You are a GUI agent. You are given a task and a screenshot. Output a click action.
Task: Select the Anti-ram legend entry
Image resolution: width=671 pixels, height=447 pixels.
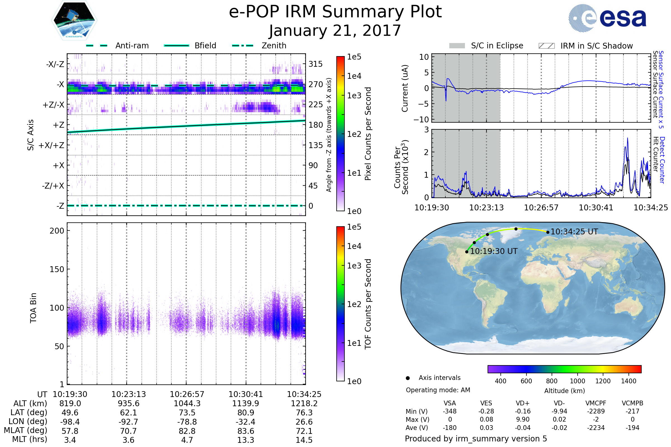point(132,46)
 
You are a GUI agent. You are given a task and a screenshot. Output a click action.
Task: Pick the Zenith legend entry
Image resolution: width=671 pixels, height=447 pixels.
point(274,46)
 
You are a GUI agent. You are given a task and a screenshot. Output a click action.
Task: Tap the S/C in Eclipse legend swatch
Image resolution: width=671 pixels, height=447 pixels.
point(457,46)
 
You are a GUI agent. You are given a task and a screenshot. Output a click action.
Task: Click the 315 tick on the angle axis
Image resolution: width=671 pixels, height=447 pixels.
point(315,64)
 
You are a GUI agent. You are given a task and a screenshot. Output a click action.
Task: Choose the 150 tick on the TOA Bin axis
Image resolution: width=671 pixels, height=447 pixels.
point(57,269)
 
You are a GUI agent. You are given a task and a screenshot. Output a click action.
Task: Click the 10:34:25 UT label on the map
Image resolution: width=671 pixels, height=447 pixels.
point(574,232)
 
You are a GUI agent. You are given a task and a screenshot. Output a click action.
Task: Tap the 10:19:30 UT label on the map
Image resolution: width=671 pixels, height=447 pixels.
point(493,251)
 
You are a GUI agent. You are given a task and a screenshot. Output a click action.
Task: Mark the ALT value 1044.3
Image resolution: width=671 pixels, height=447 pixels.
point(187,403)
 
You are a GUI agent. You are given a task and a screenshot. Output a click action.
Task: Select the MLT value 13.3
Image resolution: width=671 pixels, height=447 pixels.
point(245,440)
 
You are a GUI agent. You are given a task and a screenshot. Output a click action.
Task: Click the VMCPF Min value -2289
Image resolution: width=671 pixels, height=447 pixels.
point(596,411)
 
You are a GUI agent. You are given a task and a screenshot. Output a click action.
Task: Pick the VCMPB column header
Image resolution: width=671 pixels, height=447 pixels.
point(632,403)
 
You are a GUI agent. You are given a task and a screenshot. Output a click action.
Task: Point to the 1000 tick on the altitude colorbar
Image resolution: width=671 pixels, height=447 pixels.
point(577,381)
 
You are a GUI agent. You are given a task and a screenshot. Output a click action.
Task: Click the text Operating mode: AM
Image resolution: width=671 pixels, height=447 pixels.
point(438,390)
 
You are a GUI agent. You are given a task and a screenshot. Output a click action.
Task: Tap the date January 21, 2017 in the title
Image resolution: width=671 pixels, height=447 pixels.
point(335,31)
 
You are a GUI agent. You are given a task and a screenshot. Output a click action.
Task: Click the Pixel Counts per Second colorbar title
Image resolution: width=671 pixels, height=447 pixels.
point(368,134)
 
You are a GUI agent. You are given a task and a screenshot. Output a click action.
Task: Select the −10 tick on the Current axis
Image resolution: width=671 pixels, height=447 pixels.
point(421,120)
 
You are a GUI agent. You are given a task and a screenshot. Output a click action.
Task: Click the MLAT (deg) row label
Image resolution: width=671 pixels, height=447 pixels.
point(25,431)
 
